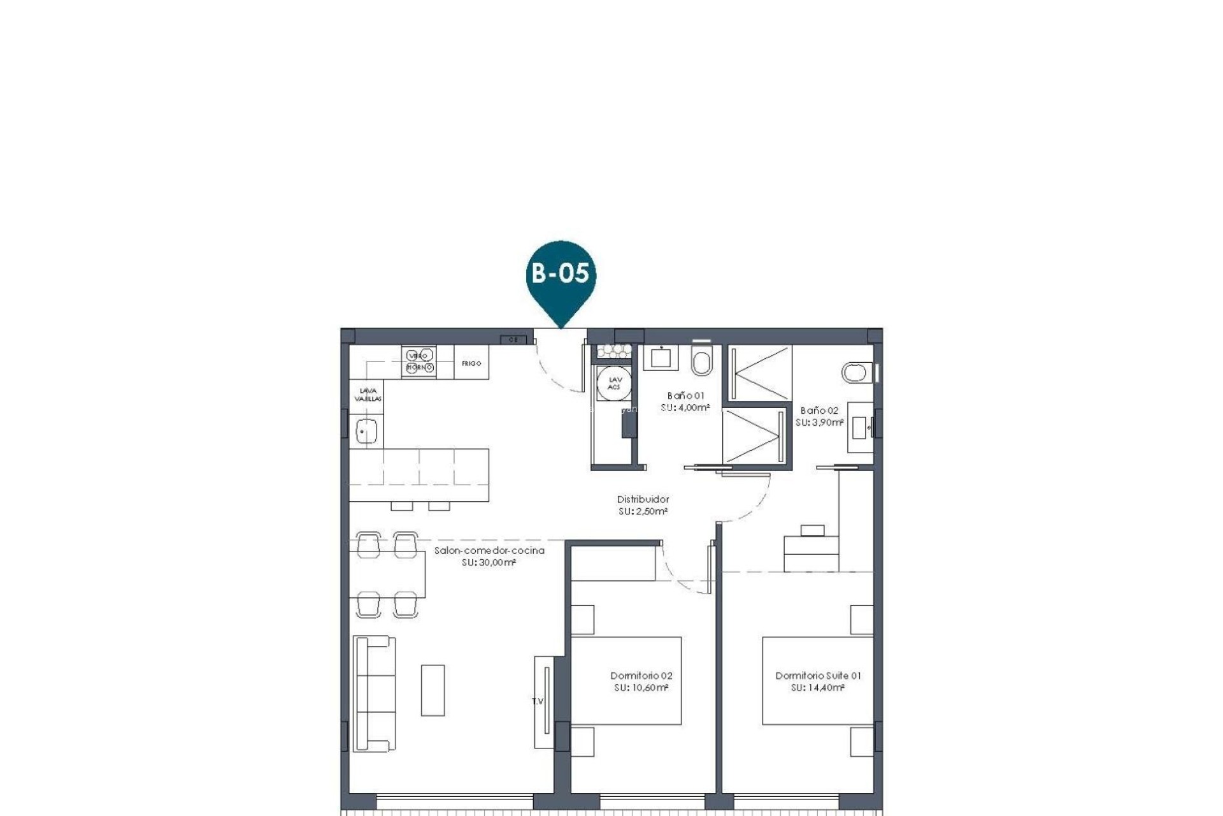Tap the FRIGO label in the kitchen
pyautogui.click(x=471, y=363)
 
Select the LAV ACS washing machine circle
pyautogui.click(x=614, y=384)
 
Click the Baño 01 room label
pyautogui.click(x=685, y=396)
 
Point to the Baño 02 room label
pyautogui.click(x=819, y=411)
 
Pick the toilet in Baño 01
pyautogui.click(x=703, y=363)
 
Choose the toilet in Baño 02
pyautogui.click(x=856, y=372)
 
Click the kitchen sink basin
pyautogui.click(x=366, y=431)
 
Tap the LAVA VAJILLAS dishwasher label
pyautogui.click(x=368, y=395)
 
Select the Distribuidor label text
pyautogui.click(x=643, y=499)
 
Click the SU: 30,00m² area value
pyautogui.click(x=489, y=562)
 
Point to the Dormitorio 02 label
pyautogui.click(x=641, y=676)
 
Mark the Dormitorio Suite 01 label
pyautogui.click(x=818, y=676)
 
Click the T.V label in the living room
pyautogui.click(x=538, y=701)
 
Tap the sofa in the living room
pyautogui.click(x=375, y=693)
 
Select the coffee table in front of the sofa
pyautogui.click(x=433, y=690)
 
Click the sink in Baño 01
pyautogui.click(x=661, y=358)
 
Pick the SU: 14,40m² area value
pyautogui.click(x=818, y=688)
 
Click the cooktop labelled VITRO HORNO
pyautogui.click(x=419, y=361)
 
